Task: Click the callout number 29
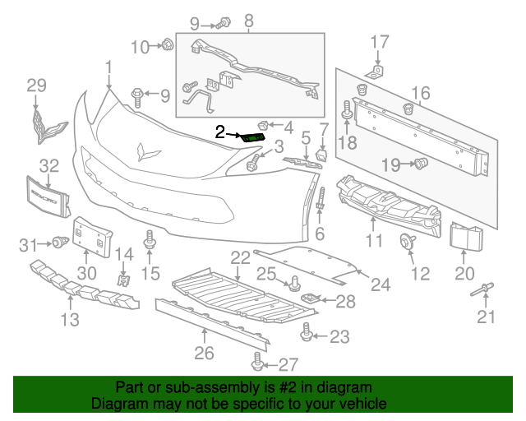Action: pos(36,85)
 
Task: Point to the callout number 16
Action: pos(420,94)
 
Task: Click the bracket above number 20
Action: pos(464,236)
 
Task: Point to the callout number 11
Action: pos(374,241)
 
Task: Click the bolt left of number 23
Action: pos(307,334)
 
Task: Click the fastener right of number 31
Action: pos(59,242)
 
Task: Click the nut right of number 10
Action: pos(167,45)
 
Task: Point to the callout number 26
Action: pos(204,354)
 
